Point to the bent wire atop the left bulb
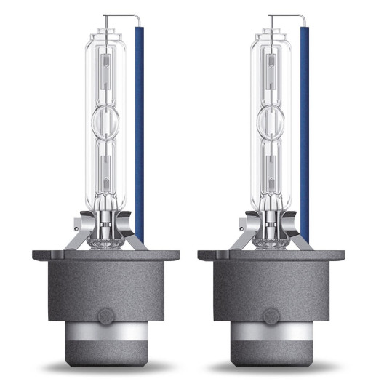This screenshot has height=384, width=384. [120, 16]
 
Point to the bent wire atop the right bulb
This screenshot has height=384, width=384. [285, 16]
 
